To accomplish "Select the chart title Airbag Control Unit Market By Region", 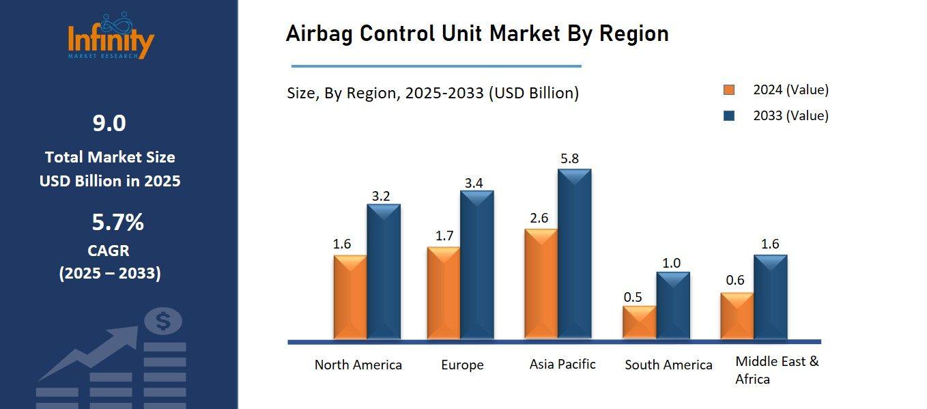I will point(476,33).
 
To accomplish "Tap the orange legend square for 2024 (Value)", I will point(729,90).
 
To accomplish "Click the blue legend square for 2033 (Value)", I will point(729,116).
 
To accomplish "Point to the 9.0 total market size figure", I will point(109,124).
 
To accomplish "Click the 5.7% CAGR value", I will point(117,223).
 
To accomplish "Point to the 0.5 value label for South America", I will point(633,297).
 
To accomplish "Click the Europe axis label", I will point(462,365).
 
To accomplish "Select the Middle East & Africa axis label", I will point(777,370).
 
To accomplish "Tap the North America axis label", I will point(358,365).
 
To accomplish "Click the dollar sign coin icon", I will point(163,321).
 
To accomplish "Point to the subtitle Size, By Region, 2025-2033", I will point(432,93).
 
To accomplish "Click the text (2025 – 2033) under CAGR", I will point(110,274).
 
